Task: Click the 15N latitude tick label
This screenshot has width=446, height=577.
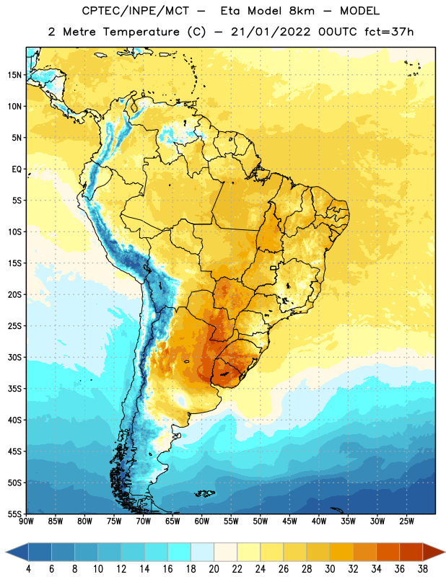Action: pyautogui.click(x=14, y=75)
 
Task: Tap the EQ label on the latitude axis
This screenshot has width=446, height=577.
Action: pyautogui.click(x=17, y=169)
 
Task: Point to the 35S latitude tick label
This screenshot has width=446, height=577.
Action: pyautogui.click(x=14, y=389)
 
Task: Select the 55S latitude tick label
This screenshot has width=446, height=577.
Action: pyautogui.click(x=14, y=514)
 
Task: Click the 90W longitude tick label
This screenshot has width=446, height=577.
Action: pyautogui.click(x=26, y=521)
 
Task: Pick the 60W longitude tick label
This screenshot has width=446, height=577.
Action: pyautogui.click(x=202, y=521)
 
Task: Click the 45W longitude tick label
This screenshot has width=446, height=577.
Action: pyautogui.click(x=289, y=521)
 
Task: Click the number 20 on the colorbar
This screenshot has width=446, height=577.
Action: pyautogui.click(x=214, y=569)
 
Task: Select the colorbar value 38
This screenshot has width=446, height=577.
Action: pyautogui.click(x=423, y=569)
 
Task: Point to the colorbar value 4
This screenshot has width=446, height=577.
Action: pyautogui.click(x=28, y=569)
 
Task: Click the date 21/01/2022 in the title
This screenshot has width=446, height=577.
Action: pyautogui.click(x=271, y=32)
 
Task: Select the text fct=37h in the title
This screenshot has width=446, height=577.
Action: pyautogui.click(x=389, y=32)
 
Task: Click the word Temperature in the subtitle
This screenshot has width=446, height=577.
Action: pyautogui.click(x=141, y=32)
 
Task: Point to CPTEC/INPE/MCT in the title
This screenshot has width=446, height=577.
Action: pyautogui.click(x=135, y=11)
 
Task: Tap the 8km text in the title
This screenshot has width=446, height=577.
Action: pyautogui.click(x=302, y=11)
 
